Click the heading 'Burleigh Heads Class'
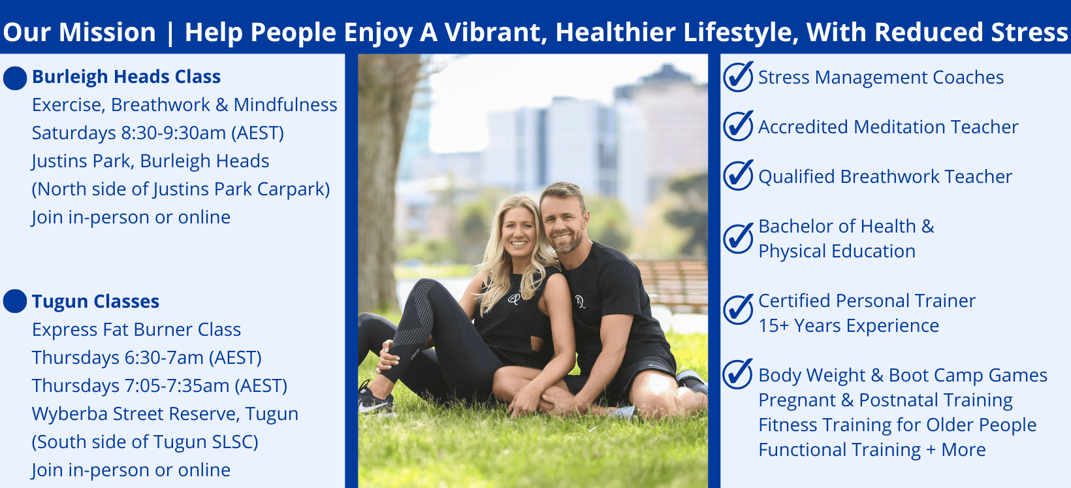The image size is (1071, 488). [126, 76]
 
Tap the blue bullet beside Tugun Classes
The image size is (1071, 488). [15, 301]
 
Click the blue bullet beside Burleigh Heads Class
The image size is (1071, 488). [15, 78]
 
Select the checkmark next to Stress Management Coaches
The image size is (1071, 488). [738, 76]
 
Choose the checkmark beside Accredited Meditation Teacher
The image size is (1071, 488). [738, 126]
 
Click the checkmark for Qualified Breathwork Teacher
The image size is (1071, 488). [738, 175]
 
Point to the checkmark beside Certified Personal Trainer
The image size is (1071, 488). [738, 309]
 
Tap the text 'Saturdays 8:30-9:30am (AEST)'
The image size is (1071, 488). [158, 133]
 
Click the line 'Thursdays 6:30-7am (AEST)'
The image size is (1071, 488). [146, 357]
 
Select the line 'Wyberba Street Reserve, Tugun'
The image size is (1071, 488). [165, 414]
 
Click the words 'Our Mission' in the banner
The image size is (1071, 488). [80, 32]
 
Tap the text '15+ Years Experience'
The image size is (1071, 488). [849, 326]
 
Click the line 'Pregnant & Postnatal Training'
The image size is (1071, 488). [886, 400]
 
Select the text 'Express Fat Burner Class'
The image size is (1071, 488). [136, 329]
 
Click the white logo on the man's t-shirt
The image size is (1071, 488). [581, 301]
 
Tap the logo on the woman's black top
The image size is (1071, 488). [514, 299]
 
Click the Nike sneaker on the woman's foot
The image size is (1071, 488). [376, 400]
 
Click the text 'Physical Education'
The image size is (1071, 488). [837, 251]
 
